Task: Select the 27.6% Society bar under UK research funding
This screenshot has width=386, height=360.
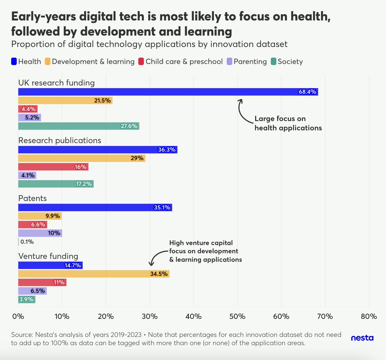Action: coord(78,126)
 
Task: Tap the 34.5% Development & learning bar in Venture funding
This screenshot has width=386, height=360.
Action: coord(94,274)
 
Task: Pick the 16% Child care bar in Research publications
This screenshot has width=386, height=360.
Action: coord(53,167)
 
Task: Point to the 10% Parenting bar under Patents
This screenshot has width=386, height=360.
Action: coord(40,233)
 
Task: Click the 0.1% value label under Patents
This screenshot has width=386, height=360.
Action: coord(27,242)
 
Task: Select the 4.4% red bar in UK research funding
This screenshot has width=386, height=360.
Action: coord(28,109)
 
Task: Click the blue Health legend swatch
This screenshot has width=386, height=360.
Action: coord(14,61)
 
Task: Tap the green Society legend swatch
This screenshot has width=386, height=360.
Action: coord(273,61)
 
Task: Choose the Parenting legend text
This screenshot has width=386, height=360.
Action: coord(250,61)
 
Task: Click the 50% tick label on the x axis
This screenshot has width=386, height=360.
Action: coord(237,316)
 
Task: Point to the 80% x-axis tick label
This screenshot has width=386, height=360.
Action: coord(369,316)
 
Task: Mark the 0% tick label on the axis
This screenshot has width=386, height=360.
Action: coord(18,316)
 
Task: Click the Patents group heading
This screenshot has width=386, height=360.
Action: coord(32,198)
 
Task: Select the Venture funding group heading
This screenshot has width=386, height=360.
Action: coord(48,256)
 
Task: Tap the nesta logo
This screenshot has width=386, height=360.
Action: coord(362,338)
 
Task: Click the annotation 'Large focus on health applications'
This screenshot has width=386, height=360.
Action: coord(288,123)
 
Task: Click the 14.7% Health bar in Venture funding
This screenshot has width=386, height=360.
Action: coord(50,265)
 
